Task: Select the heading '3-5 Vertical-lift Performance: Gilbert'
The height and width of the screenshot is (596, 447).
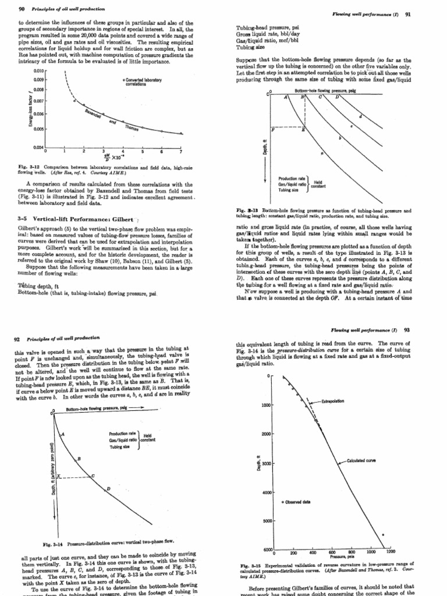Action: click(74, 218)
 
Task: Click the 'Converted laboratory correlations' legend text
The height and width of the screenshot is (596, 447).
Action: click(143, 81)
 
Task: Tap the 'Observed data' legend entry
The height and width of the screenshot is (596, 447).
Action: click(301, 502)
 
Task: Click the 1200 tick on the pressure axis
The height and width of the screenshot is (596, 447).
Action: click(391, 551)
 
